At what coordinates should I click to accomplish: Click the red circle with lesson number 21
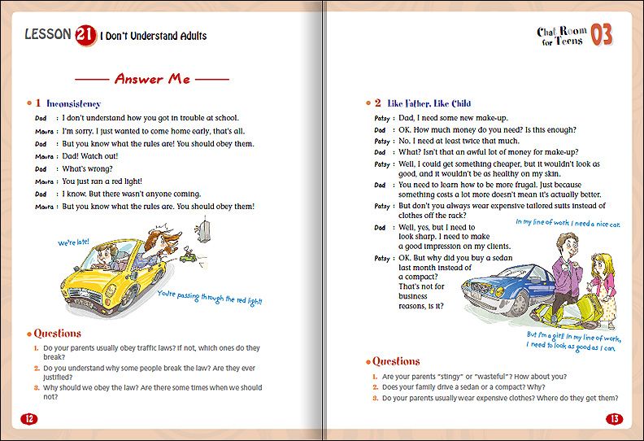coord(84,35)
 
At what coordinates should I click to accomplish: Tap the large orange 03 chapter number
coord(601,34)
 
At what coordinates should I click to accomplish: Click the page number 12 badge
coord(30,419)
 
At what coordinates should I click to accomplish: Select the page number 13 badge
coord(614,419)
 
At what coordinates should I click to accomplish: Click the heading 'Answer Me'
coord(152,79)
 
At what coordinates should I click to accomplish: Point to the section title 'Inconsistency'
coord(73,104)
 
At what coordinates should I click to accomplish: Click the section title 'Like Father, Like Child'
coord(429,104)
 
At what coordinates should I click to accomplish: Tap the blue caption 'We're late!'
coord(73,242)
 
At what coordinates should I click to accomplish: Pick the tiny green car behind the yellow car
coord(188,260)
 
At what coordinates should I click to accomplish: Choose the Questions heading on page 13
coord(395,361)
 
